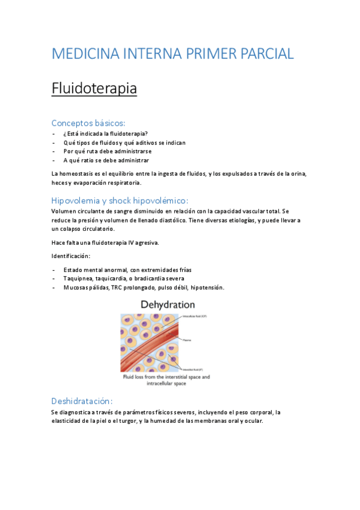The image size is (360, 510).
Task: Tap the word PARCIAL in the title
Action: point(264,54)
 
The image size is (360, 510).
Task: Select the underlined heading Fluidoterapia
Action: point(94,89)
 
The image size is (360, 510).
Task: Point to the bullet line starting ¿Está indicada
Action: point(106,134)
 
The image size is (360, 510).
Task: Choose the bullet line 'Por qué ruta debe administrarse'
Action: point(108,152)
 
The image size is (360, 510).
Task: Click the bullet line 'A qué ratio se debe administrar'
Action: point(106,161)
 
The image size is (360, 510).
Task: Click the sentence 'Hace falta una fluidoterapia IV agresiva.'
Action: point(105,242)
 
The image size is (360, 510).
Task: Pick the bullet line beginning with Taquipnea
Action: point(123,278)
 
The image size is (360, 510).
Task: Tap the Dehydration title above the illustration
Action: point(168,305)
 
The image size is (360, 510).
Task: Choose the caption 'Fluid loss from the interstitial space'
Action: point(166,377)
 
